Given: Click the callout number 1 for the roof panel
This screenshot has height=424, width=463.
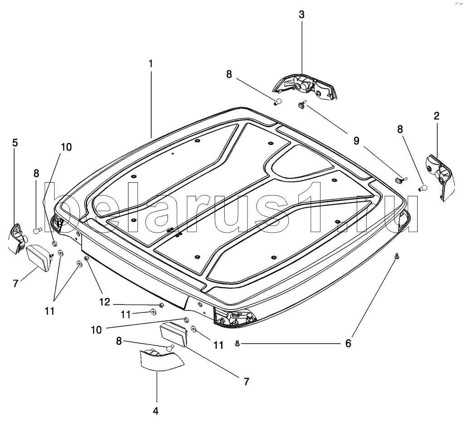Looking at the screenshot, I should coord(150,64).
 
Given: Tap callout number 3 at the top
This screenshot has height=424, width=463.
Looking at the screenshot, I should coord(301,15).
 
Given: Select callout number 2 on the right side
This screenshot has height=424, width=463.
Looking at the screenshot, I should coord(436,116).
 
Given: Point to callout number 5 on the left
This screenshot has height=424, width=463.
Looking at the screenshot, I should coord(15,143).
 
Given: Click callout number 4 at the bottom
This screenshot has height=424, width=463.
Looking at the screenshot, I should coord(156,411).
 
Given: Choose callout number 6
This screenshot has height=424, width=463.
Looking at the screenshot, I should coord(348,343).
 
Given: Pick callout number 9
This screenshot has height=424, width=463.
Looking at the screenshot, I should coord(356,141).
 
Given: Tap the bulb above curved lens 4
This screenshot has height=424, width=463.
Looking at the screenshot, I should coord(171,348).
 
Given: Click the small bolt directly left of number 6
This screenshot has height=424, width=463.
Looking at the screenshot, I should coord(237,344).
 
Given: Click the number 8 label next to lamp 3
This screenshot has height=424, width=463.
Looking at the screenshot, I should coord(229,74).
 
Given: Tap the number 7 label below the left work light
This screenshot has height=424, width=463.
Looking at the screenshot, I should coord(15,284).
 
